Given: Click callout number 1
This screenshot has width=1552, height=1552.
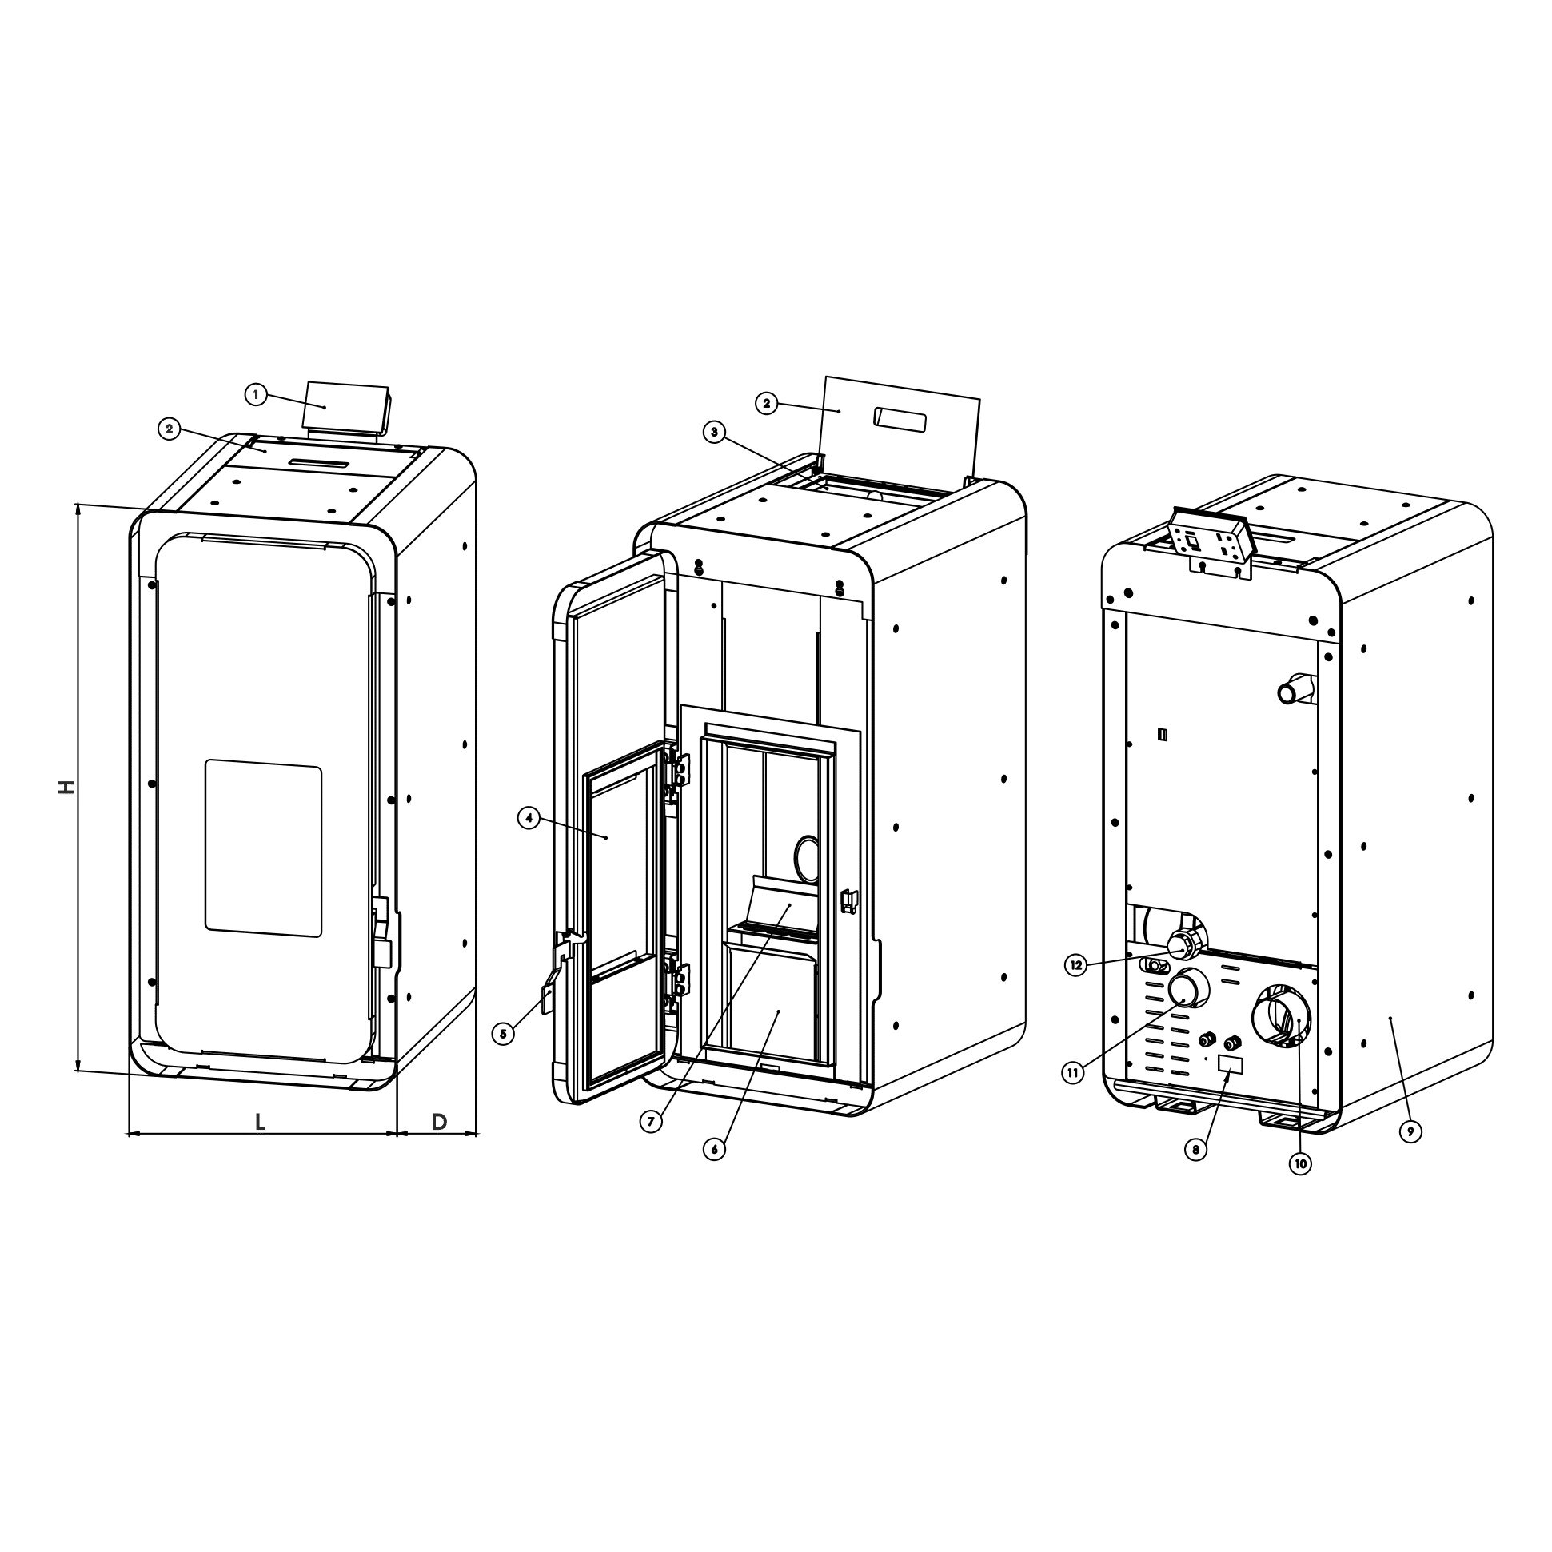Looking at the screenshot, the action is [x=255, y=394].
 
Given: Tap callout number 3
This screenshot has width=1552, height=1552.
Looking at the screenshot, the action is [x=712, y=433].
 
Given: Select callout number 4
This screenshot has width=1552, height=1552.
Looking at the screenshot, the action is [x=527, y=819].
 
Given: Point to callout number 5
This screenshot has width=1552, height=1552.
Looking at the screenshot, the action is [x=503, y=1034].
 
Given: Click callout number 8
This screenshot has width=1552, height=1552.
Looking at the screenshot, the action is [x=1195, y=1150].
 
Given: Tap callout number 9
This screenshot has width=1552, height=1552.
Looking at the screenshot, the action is [x=1410, y=1132].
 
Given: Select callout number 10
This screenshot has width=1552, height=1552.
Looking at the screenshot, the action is [x=1300, y=1163].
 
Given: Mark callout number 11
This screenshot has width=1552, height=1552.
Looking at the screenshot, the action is [x=1074, y=1071].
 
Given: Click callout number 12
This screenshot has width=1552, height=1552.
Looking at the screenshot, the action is [x=1077, y=964].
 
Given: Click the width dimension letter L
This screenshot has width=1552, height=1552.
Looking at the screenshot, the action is [x=260, y=1123].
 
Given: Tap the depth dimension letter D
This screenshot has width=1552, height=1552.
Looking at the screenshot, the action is [x=439, y=1123].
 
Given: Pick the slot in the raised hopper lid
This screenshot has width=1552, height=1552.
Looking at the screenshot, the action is [x=900, y=418].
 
